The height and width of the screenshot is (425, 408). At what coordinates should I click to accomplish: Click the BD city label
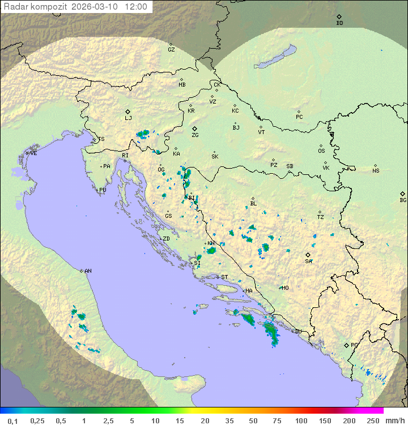point(339,23)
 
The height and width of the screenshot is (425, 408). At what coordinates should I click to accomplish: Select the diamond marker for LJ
point(128,111)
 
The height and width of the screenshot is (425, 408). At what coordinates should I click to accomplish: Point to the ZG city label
point(195,135)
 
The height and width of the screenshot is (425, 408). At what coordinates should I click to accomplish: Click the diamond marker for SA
point(308,255)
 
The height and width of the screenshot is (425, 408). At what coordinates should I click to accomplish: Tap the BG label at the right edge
point(403,200)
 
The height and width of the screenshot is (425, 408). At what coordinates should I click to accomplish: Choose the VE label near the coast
point(33,153)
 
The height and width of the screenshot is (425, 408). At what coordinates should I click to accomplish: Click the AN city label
point(88,271)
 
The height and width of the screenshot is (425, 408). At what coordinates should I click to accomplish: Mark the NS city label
point(376,171)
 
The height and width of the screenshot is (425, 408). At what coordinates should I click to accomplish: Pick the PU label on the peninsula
point(103,190)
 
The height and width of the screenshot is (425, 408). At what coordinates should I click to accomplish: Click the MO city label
point(285,288)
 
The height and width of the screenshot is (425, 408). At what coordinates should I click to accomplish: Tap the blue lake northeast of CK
point(275,58)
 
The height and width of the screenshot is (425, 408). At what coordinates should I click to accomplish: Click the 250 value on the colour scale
point(373,420)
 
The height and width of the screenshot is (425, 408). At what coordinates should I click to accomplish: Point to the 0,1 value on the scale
point(12,420)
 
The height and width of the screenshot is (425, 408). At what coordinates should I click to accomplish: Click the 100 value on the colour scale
point(301,420)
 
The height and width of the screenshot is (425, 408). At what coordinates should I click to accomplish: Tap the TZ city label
point(320,217)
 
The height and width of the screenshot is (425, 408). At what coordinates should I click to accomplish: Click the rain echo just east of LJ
point(143,134)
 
